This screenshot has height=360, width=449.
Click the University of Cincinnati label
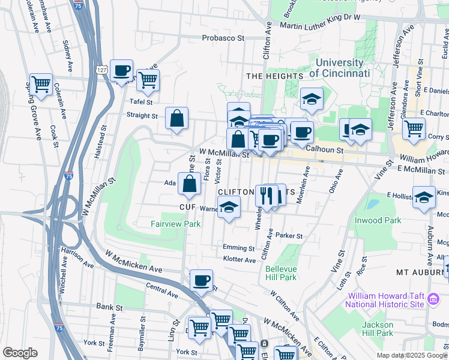point(339,68)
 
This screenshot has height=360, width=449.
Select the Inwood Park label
point(377,221)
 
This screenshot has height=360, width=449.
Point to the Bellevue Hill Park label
point(281,273)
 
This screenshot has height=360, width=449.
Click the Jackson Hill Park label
point(378,329)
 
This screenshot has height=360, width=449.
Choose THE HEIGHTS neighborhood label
point(274,76)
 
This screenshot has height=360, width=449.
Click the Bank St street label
point(109,307)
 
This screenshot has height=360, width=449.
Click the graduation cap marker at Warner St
point(229,207)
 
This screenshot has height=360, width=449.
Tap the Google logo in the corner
point(20,353)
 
